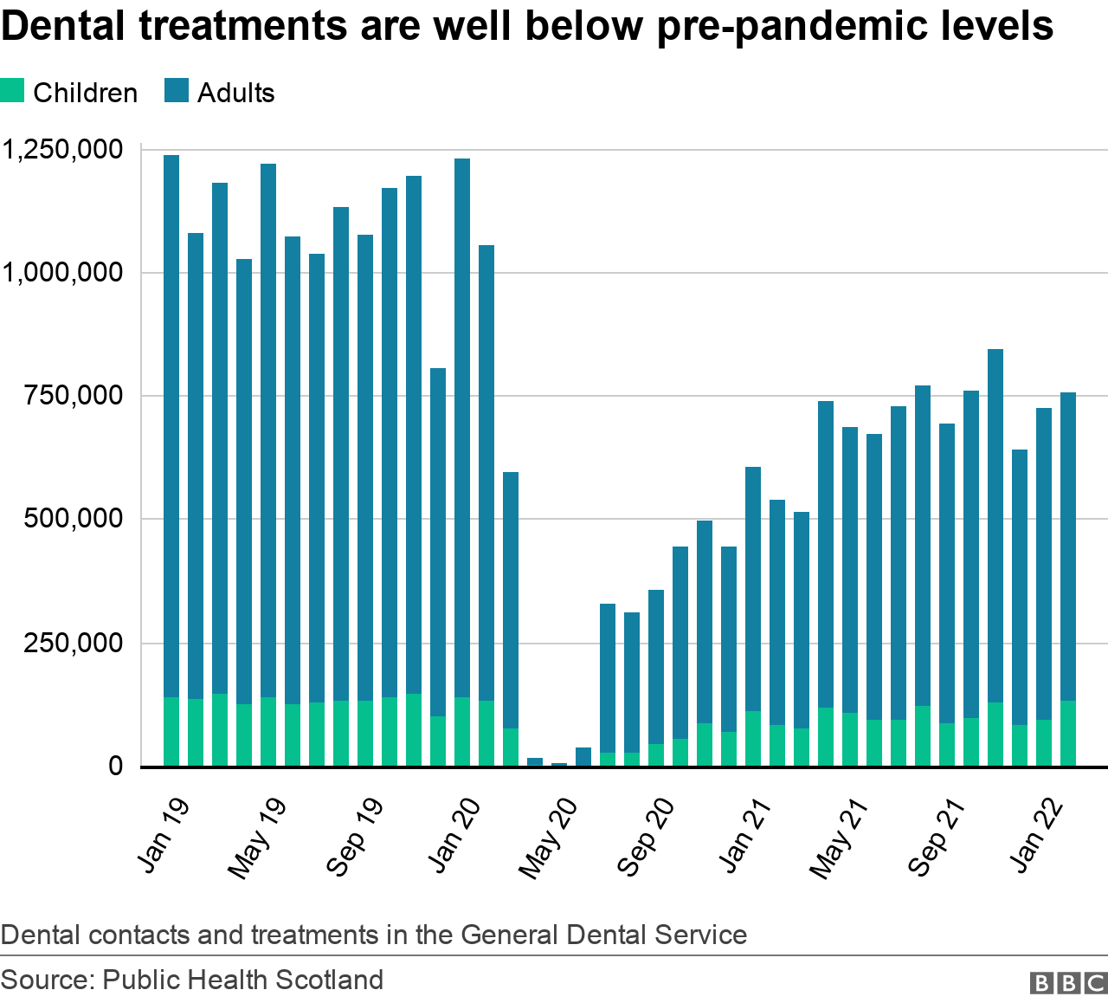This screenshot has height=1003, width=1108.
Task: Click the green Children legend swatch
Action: (12, 91)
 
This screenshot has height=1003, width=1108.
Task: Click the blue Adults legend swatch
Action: (177, 91)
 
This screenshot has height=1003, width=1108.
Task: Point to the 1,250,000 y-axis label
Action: (62, 150)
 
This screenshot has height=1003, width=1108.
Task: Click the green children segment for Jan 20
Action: (462, 732)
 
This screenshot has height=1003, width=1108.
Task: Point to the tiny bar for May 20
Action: (559, 765)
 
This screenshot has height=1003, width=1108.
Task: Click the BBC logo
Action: (1068, 983)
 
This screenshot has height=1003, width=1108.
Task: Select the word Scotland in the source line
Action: (332, 980)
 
